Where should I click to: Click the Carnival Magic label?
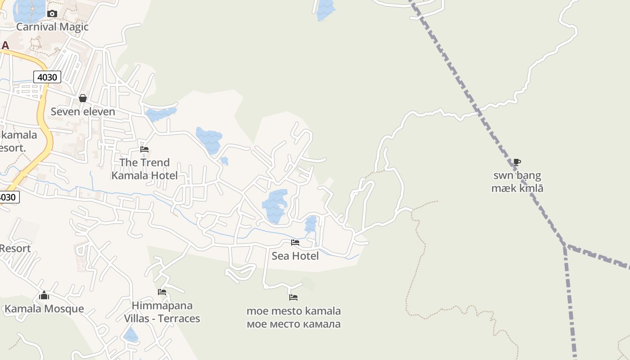[52, 27]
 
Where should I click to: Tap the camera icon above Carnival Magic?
[52, 14]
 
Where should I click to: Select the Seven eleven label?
[83, 112]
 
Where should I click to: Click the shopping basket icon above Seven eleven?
[83, 98]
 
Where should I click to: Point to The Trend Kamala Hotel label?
[144, 169]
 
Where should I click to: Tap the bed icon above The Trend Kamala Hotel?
[144, 149]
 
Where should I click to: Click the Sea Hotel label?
[295, 256]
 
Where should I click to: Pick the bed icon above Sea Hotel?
[295, 243]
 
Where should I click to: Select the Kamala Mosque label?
[44, 309]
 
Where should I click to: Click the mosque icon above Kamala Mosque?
[44, 295]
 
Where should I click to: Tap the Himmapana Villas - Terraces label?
[162, 312]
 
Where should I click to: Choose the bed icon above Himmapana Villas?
[162, 292]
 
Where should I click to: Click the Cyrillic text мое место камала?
[293, 324]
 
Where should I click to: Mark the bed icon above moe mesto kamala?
[293, 297]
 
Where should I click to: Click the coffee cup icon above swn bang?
[517, 162]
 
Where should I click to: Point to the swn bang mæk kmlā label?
[517, 182]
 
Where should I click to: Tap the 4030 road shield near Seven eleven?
[47, 77]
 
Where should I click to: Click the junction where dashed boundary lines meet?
[565, 246]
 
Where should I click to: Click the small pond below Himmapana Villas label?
[131, 335]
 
